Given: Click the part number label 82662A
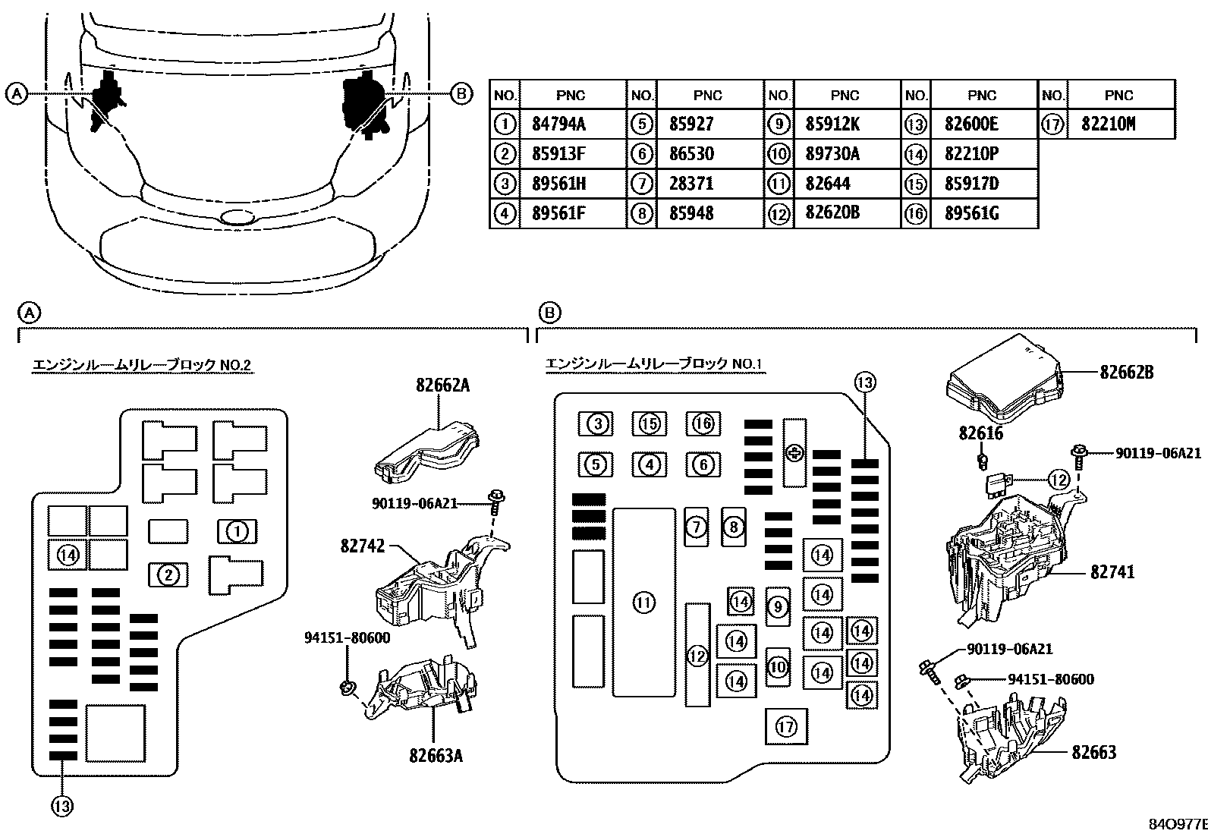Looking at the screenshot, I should [x=442, y=386].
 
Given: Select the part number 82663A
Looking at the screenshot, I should [x=436, y=755].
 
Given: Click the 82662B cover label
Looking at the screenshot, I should [x=1127, y=373].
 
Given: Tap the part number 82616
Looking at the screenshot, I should [x=980, y=433].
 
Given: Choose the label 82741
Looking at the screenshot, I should [x=1113, y=571].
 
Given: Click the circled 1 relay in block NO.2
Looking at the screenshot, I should [x=238, y=532].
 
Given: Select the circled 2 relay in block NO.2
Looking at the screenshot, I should [x=168, y=575].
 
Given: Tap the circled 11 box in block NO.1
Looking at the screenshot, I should [x=643, y=603].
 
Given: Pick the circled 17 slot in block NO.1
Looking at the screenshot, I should [x=786, y=727].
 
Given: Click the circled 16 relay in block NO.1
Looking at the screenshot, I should [x=703, y=423].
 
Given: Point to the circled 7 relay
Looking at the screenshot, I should [x=697, y=527].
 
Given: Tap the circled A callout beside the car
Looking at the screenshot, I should [x=16, y=94].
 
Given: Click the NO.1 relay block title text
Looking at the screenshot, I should [x=653, y=364].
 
